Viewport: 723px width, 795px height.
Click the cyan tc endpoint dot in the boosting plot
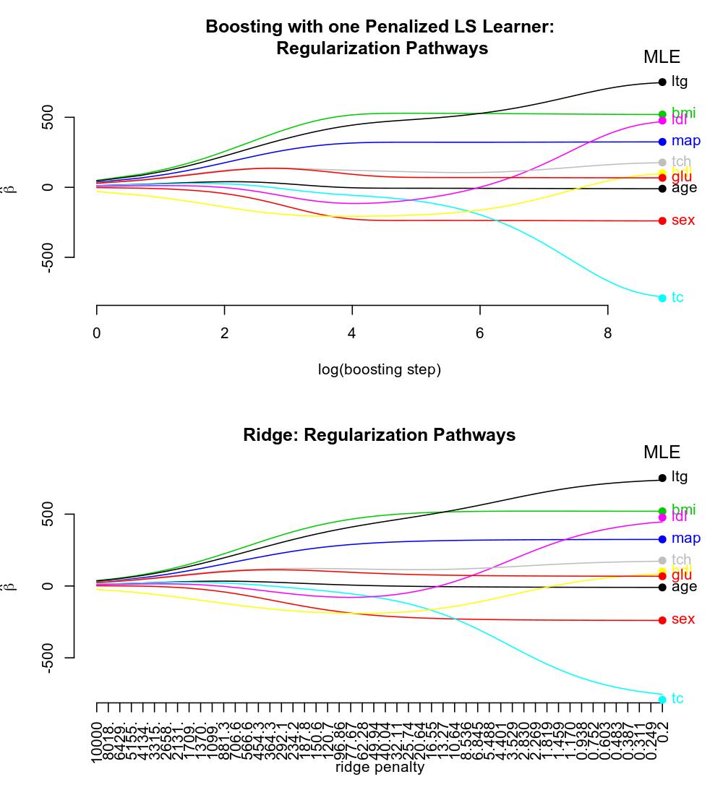(x=662, y=298)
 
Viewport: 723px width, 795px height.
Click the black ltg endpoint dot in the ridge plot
(x=662, y=478)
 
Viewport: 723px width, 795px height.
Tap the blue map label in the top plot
(x=685, y=141)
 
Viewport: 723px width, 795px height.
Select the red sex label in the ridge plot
(x=683, y=619)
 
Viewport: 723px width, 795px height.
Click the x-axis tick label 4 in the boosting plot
(x=352, y=333)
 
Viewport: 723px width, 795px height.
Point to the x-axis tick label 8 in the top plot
(x=607, y=333)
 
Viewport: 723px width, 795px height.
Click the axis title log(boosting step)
(x=380, y=370)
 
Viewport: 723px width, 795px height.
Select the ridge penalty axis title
(x=380, y=768)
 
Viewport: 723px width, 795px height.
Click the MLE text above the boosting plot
(x=662, y=57)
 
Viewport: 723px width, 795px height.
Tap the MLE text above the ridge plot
(x=662, y=452)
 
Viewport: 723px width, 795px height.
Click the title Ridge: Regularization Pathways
(x=380, y=435)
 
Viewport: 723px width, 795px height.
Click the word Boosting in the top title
(x=242, y=27)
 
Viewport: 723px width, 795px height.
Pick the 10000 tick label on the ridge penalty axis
(x=97, y=742)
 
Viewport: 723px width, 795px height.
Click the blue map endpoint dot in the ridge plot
(x=662, y=539)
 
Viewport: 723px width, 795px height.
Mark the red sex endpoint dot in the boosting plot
(x=662, y=221)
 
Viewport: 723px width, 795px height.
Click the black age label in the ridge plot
(x=684, y=587)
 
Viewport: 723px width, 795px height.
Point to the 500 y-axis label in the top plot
(x=48, y=118)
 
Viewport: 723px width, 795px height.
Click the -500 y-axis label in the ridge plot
(x=48, y=657)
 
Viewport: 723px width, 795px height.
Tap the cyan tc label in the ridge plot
(x=677, y=699)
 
